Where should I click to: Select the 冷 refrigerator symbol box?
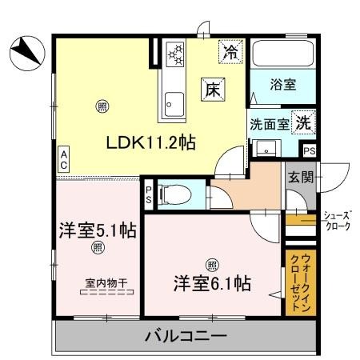[230, 54]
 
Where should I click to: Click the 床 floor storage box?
[212, 90]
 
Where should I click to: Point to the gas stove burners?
[175, 56]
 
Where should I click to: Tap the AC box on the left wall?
[63, 159]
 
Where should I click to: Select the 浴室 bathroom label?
[280, 83]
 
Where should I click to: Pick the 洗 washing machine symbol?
[303, 123]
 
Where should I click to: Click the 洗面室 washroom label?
[268, 126]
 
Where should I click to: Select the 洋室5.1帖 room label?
[96, 231]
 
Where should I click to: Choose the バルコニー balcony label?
[186, 336]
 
